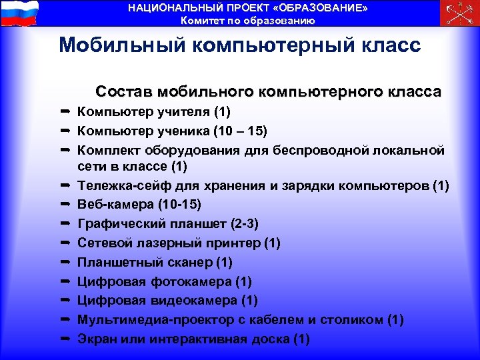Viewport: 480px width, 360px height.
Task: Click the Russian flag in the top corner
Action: pos(19,13)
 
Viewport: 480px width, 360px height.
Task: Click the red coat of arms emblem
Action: pos(459,13)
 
